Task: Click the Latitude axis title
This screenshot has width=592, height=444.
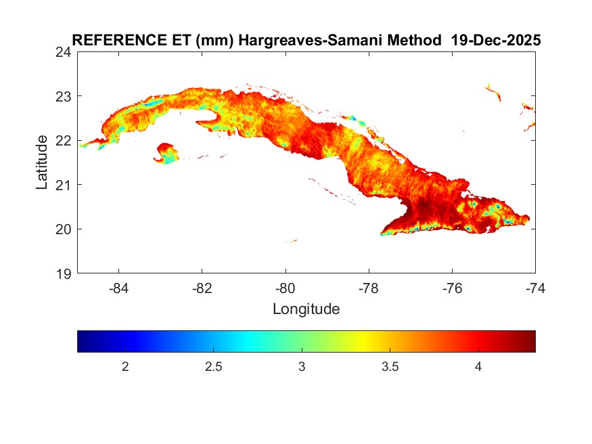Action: click(x=42, y=162)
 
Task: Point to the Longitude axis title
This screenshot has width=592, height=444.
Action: click(x=306, y=310)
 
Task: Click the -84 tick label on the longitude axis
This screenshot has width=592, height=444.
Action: click(x=119, y=288)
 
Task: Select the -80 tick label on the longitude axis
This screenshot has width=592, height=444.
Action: click(x=286, y=288)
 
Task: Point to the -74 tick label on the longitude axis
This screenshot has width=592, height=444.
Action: click(x=535, y=288)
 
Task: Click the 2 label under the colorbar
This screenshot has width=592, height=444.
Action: click(x=125, y=367)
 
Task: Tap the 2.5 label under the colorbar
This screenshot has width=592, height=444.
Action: click(x=213, y=367)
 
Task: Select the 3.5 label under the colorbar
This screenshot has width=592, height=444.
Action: click(x=390, y=367)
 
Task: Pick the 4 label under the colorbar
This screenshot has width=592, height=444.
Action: click(x=478, y=367)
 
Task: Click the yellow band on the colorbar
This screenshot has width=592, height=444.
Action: click(x=364, y=341)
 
